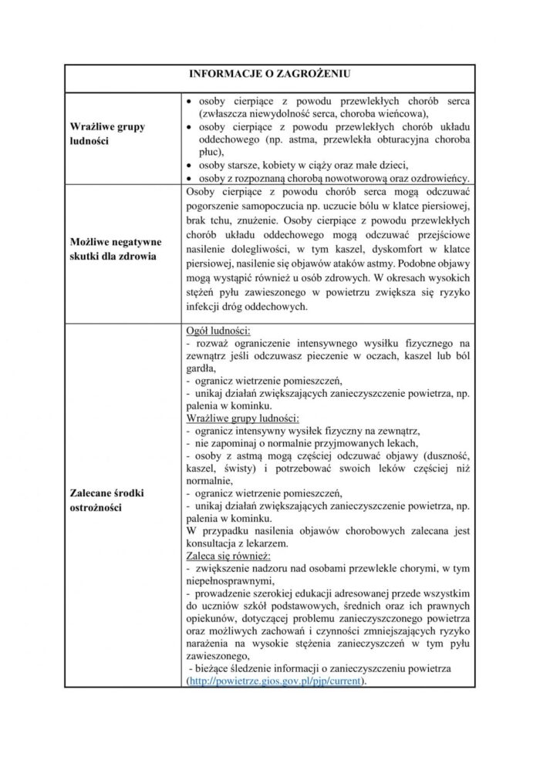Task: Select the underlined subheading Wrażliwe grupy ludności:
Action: tap(244, 418)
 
